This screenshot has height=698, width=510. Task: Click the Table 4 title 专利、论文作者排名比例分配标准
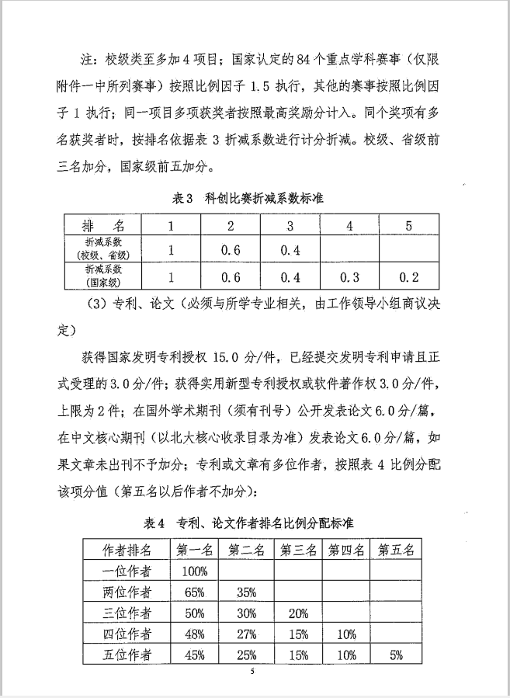pos(249,523)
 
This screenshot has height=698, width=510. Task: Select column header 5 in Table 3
pos(408,226)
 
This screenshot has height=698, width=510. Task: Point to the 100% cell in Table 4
pos(193,571)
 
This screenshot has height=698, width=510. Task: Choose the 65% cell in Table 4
pos(193,592)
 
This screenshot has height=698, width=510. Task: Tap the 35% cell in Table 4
pos(245,592)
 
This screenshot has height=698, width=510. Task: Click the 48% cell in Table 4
pos(193,634)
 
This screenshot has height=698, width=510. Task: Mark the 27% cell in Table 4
pos(245,634)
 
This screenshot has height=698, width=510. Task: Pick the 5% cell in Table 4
pos(396,655)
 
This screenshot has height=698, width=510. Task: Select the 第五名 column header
pos(396,550)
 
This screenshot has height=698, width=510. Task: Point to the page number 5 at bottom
pos(252,672)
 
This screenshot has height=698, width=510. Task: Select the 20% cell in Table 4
pos(297,613)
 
